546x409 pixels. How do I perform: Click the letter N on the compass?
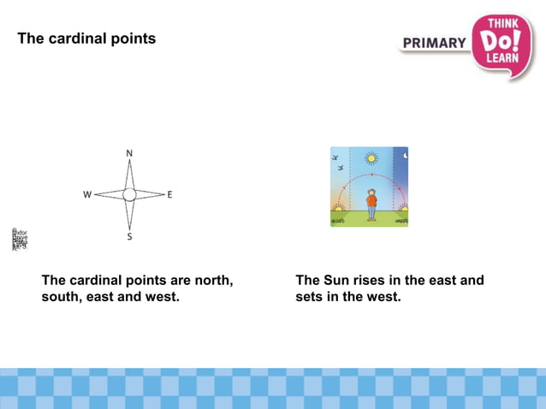click(129, 153)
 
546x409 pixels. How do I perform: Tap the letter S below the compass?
click(129, 237)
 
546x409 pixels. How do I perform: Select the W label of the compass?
click(86, 195)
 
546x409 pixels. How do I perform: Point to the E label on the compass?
click(169, 195)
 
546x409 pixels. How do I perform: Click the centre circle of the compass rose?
click(129, 195)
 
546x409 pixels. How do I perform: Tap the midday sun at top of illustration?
click(371, 158)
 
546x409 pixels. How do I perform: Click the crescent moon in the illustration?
click(405, 155)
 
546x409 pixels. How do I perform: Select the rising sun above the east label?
click(338, 208)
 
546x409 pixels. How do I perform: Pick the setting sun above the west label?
click(402, 208)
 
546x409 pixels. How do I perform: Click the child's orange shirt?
click(371, 201)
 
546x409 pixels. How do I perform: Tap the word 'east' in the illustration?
click(338, 221)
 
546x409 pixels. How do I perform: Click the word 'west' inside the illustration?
click(401, 221)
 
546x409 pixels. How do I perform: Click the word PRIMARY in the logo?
click(434, 43)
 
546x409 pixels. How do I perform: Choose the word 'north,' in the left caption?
click(212, 280)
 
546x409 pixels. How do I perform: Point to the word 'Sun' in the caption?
click(337, 280)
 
